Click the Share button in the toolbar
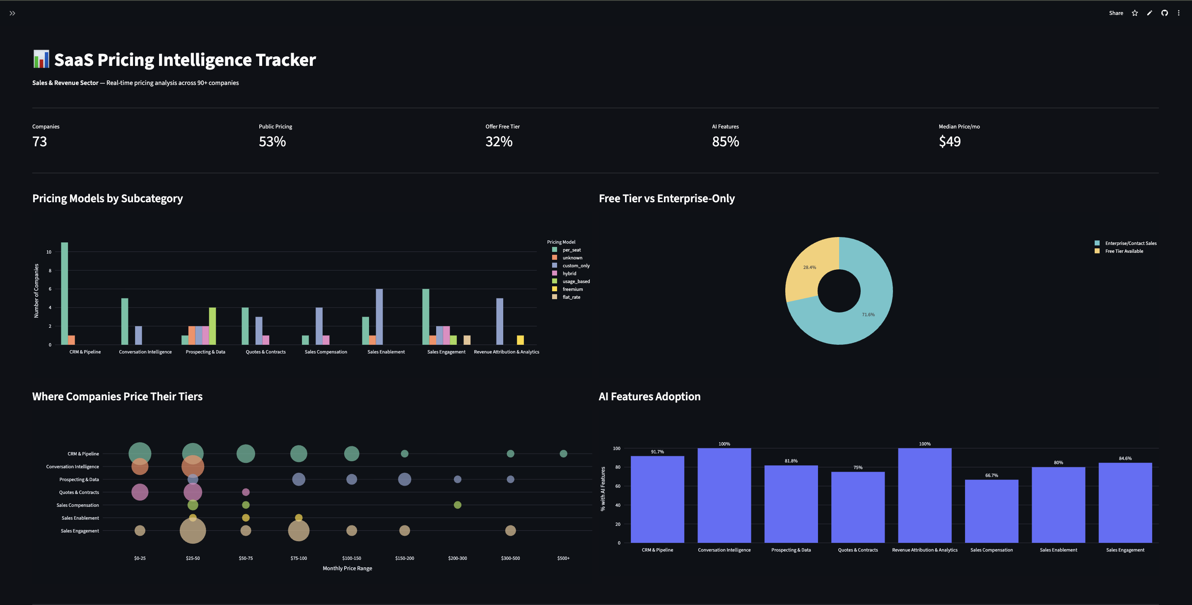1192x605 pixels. [x=1116, y=13]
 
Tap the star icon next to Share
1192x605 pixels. [x=1134, y=13]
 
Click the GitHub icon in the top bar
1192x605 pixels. [x=1164, y=13]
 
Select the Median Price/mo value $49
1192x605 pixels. [x=950, y=142]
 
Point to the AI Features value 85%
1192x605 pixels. [x=725, y=142]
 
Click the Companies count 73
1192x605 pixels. [x=39, y=142]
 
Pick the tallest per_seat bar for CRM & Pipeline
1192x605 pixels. [x=64, y=293]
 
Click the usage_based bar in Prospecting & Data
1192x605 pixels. [x=212, y=326]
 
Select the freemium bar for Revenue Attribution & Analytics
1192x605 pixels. [x=520, y=340]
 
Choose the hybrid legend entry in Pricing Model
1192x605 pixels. [x=569, y=273]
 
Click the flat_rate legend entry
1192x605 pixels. [x=571, y=297]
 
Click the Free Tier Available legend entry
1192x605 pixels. [x=1124, y=252]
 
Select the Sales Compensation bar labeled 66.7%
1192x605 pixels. [x=991, y=511]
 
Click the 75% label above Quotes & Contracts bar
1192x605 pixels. [x=857, y=467]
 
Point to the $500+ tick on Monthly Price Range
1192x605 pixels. [x=563, y=558]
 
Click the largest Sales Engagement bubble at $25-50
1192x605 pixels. [x=193, y=530]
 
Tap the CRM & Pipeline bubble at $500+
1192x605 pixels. [x=563, y=454]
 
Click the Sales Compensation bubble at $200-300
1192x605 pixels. [x=457, y=505]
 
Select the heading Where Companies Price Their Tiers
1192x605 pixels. [x=117, y=397]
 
